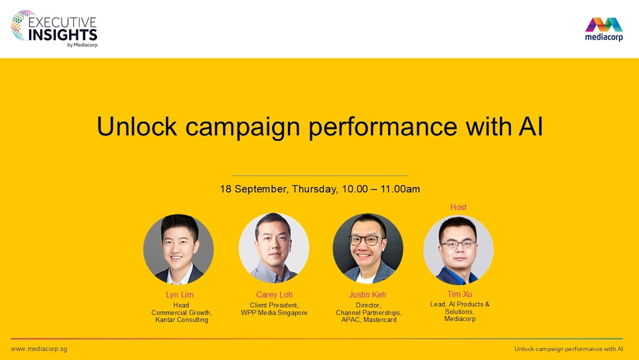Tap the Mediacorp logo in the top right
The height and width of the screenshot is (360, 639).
pos(604,29)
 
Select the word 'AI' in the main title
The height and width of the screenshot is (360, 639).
pos(529,127)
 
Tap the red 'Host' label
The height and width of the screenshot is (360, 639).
pos(458,207)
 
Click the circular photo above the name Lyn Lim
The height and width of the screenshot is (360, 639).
pos(178,249)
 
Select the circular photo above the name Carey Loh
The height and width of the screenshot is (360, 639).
pos(274,248)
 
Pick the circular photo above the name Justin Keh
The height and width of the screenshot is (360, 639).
pos(368,248)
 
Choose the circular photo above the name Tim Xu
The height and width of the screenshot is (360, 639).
pos(458,249)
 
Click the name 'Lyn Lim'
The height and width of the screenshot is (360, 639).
pos(180,295)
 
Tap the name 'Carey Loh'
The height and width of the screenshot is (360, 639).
pos(274,295)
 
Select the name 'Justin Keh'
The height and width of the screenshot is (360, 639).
pos(367,295)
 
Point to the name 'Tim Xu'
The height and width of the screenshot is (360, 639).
pos(460,294)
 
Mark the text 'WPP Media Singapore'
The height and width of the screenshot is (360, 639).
pos(274,313)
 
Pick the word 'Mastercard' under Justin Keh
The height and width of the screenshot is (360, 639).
pos(380,320)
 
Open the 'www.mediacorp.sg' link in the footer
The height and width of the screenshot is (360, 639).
pos(39,349)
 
